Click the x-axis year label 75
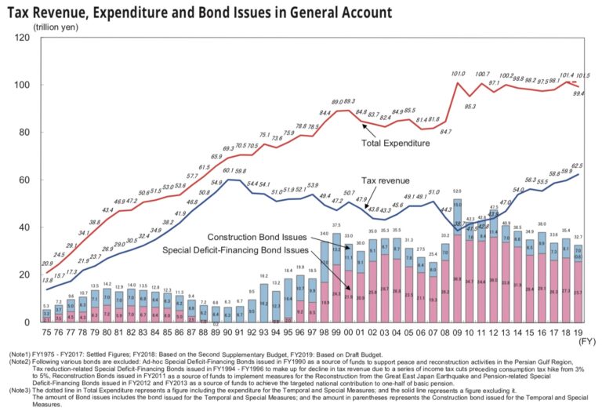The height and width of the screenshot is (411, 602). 47,332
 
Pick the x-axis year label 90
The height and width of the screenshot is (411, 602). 227,332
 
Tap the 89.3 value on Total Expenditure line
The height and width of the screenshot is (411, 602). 350,101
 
